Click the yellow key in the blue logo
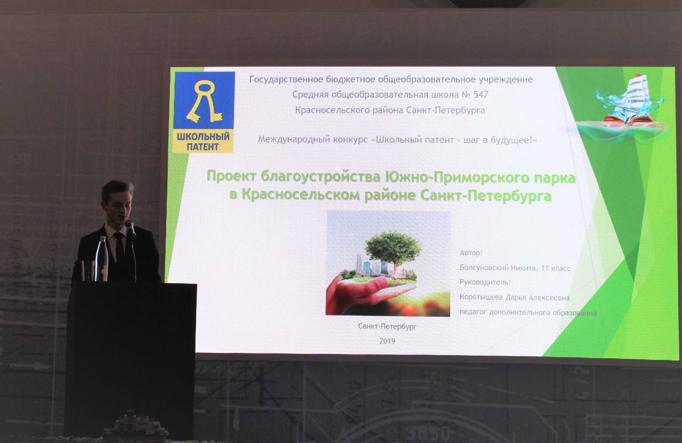(204, 101)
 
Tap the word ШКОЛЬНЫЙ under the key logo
(203, 136)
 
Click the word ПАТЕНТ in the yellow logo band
(202, 147)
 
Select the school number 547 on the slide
(481, 94)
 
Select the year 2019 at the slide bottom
(387, 341)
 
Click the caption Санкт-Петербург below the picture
(387, 326)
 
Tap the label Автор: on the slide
(471, 253)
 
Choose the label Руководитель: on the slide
(485, 283)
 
